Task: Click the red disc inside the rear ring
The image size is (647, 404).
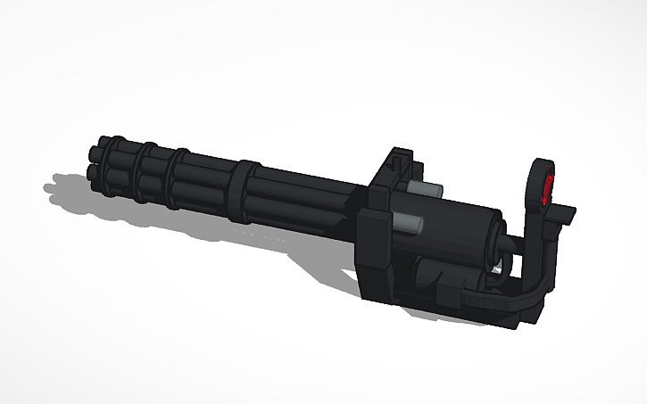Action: (x=548, y=189)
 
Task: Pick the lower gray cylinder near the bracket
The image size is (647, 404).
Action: (x=410, y=223)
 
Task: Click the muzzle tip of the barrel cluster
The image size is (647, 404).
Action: (x=94, y=158)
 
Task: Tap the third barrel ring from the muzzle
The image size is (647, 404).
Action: (x=178, y=179)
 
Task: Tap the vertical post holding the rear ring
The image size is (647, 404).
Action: (x=535, y=241)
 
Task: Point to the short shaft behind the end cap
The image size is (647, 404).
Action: (x=507, y=245)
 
